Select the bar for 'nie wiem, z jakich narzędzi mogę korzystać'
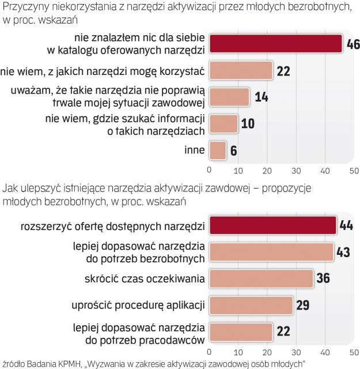pos(240,71)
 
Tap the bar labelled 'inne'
pos(217,150)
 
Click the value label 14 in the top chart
pos(261,96)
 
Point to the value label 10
pos(249,123)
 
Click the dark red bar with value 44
pos(272,225)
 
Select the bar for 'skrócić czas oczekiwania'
pos(261,278)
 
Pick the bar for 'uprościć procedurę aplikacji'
pos(251,305)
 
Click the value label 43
pos(344,252)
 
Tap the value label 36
pos(323,278)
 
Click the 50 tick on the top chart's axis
pos(354,170)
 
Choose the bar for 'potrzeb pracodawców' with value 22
pos(240,333)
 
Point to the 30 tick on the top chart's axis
pos(296,170)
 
